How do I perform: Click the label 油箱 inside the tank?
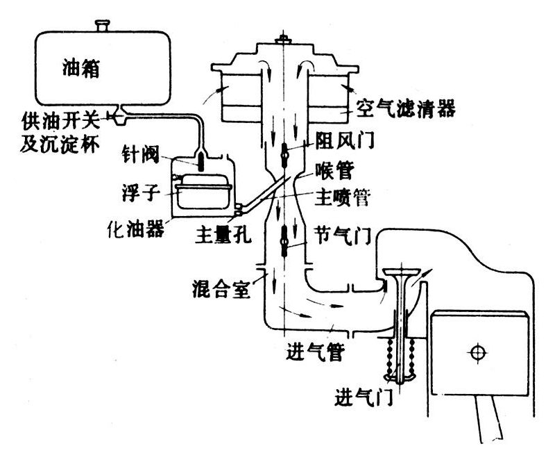80,69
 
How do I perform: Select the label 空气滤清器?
406,108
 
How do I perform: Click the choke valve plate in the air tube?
284,154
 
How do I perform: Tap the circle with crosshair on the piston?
476,352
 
